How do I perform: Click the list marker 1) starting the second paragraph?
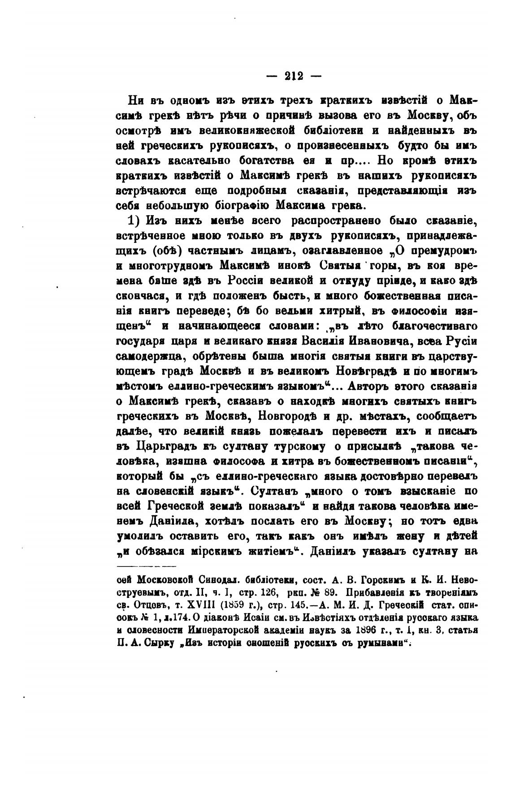(x=135, y=221)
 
